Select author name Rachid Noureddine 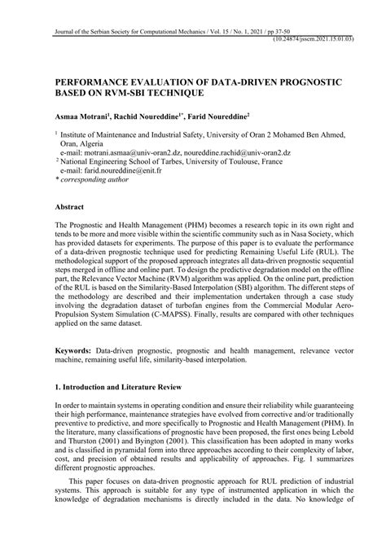pos(160,118)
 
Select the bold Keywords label pos(76,348)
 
